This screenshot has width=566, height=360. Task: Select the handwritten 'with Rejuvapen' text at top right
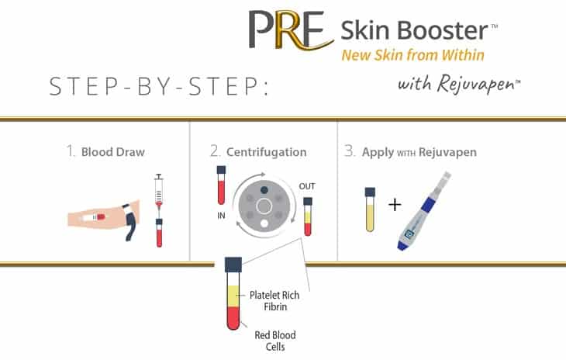click(458, 83)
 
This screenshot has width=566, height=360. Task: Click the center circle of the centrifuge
click(264, 207)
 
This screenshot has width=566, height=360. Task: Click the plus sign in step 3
click(395, 206)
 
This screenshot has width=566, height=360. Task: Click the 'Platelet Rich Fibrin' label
click(275, 300)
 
